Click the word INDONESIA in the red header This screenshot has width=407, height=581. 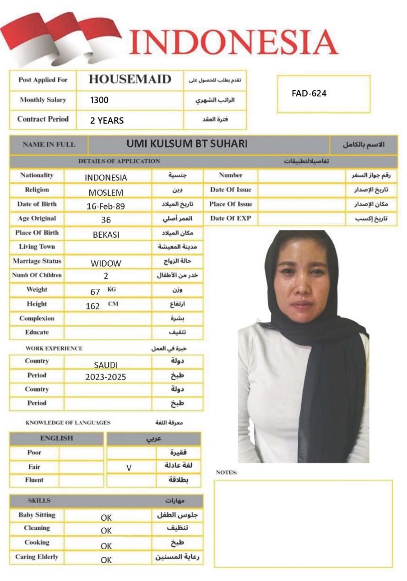click(233, 43)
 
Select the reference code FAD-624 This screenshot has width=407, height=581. click(309, 94)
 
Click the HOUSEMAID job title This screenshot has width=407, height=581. click(130, 79)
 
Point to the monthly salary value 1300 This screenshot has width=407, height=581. click(99, 100)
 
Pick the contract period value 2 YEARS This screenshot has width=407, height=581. click(107, 121)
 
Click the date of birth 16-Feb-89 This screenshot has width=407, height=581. click(106, 206)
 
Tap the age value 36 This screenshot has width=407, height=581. click(106, 220)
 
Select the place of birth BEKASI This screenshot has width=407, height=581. click(106, 235)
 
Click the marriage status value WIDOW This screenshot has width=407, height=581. click(106, 263)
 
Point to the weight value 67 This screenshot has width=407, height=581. click(95, 292)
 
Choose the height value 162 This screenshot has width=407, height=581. click(92, 306)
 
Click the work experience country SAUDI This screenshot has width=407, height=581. click(106, 365)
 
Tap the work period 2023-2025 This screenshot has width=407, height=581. click(106, 378)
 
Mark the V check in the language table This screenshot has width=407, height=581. click(129, 468)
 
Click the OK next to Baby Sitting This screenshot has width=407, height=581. click(106, 517)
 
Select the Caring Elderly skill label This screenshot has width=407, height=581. click(37, 557)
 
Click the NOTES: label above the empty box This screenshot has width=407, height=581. click(226, 473)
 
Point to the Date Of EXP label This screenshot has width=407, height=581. click(231, 219)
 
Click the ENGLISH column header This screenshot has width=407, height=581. click(56, 438)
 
